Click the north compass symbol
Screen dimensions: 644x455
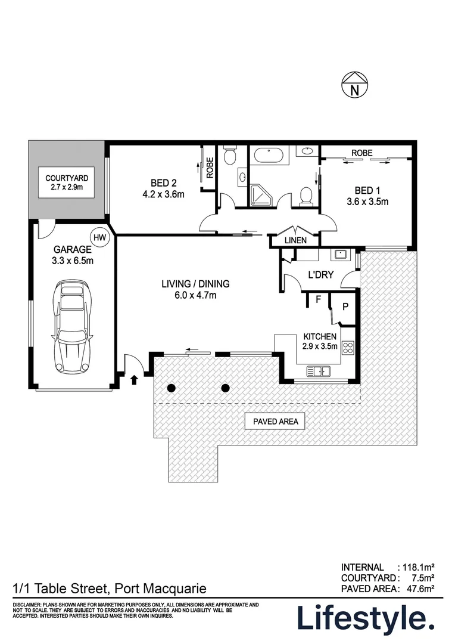click(x=354, y=85)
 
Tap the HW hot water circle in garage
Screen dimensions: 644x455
click(x=101, y=237)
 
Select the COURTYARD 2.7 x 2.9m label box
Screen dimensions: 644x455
click(x=67, y=182)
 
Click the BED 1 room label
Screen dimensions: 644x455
click(x=371, y=196)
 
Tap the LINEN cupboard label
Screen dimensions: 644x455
click(x=295, y=240)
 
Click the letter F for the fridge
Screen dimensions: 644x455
click(x=318, y=301)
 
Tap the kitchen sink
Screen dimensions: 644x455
click(x=319, y=371)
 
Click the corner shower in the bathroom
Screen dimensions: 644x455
click(x=261, y=194)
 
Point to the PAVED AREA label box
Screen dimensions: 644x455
click(x=275, y=422)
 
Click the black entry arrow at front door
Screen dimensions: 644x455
click(x=133, y=378)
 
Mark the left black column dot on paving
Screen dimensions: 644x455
click(x=172, y=389)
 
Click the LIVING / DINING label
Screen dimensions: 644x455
click(x=195, y=289)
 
